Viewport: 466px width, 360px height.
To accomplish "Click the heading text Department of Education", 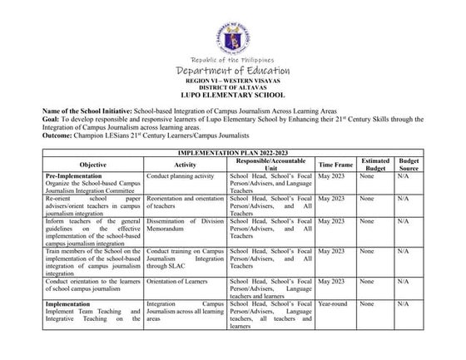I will tap(232, 73).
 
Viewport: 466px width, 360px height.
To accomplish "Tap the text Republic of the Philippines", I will tap(232, 61).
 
